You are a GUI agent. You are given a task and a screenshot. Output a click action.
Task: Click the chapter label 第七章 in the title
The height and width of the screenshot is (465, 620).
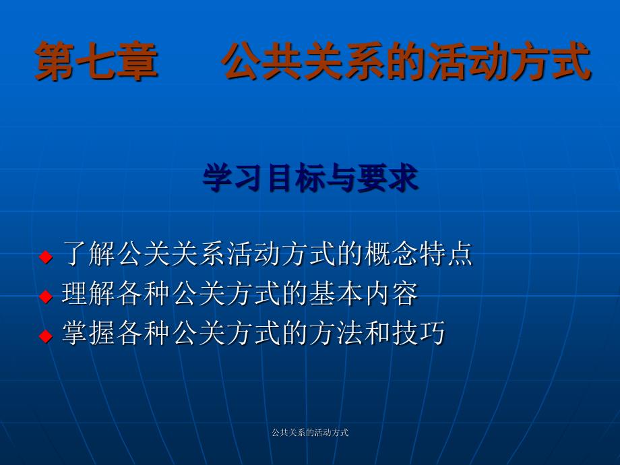96,61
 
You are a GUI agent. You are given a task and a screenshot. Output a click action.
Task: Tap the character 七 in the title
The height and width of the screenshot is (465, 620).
96,61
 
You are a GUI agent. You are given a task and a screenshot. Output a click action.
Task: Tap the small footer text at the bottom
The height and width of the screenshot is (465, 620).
310,433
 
